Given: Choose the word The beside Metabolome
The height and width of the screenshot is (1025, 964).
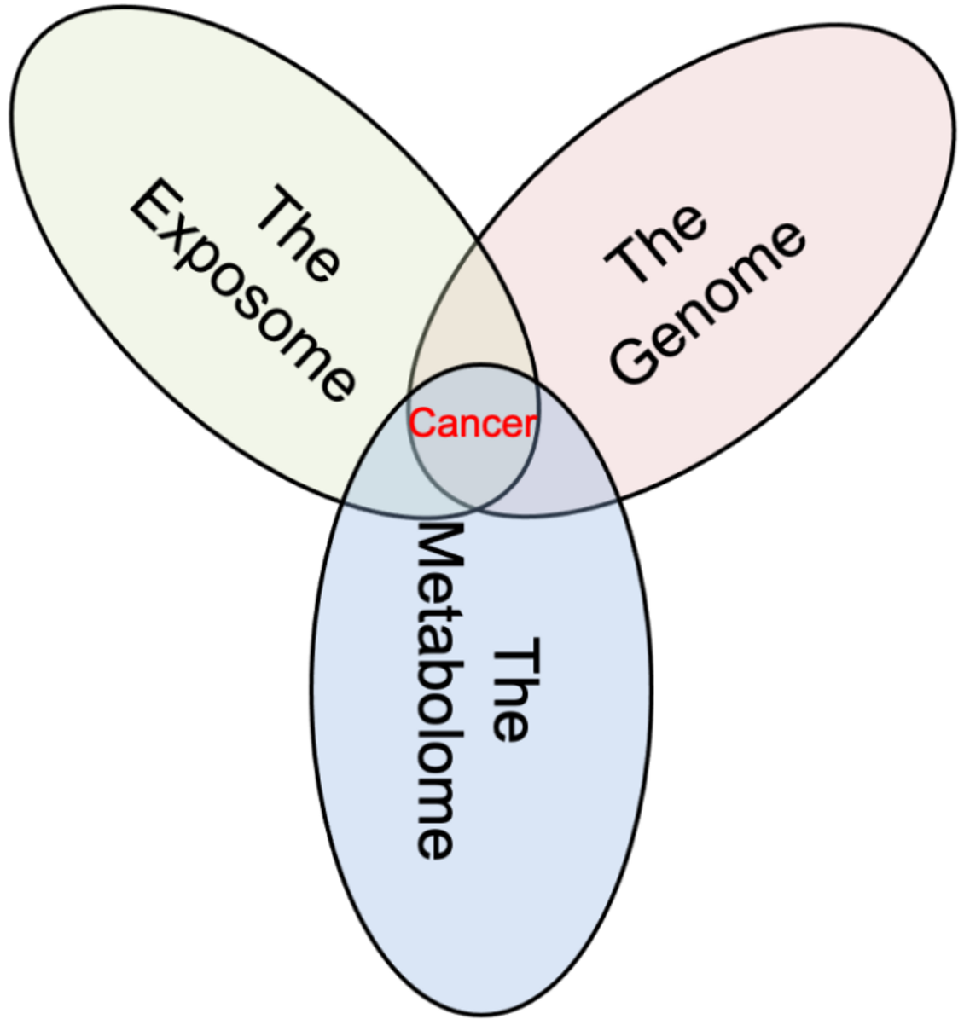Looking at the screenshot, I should click(512, 691).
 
